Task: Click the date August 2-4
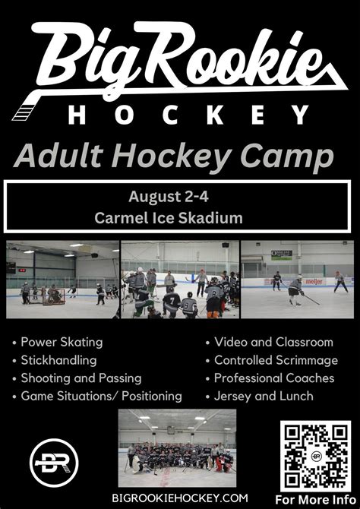(169, 197)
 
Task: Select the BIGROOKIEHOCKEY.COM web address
(180, 498)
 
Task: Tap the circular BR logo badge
(54, 463)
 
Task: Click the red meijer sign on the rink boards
(314, 281)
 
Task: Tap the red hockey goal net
(54, 296)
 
